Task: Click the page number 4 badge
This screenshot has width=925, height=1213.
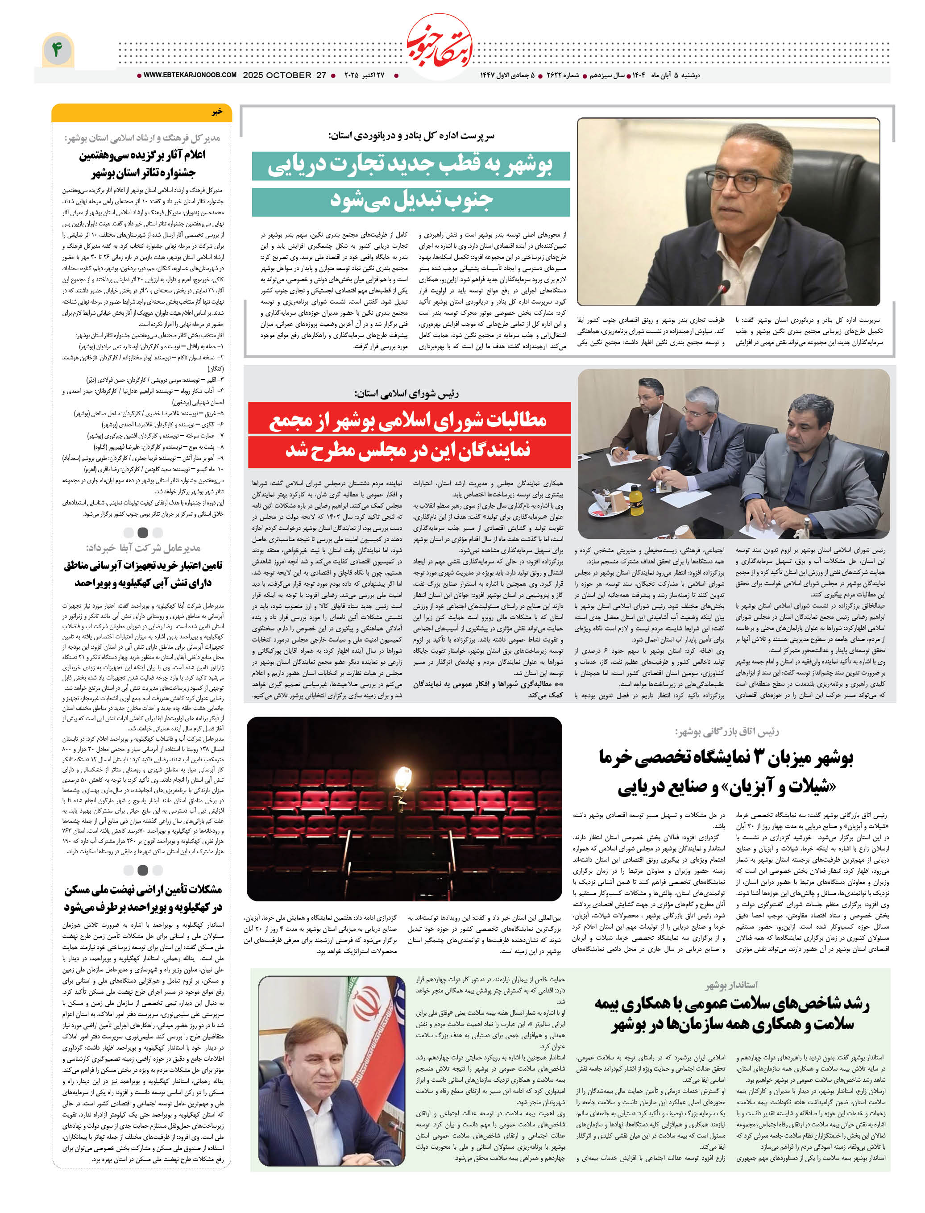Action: [x=57, y=50]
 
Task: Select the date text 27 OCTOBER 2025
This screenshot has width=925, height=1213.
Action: [x=285, y=75]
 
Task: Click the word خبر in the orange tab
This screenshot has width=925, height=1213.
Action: [x=217, y=112]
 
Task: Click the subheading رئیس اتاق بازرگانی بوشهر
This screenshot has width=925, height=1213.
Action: [x=727, y=732]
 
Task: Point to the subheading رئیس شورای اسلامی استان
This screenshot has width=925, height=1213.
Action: [x=407, y=393]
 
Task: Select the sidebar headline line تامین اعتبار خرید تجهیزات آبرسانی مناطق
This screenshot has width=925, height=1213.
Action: [x=143, y=566]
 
